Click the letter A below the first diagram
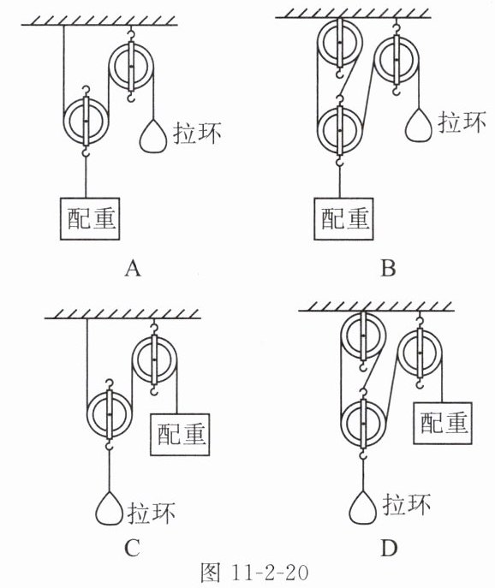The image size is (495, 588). tap(133, 269)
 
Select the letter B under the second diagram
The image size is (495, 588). tap(388, 269)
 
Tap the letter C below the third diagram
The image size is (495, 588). tap(132, 549)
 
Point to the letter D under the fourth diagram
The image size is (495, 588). tap(389, 549)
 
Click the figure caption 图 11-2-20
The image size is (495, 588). tap(255, 573)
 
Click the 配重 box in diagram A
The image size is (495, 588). tap(90, 218)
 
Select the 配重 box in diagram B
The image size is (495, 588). tap(343, 218)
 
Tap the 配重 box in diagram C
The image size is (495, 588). tap(180, 435)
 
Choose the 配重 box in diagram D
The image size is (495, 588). tap(443, 423)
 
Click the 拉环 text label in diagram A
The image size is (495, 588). tap(197, 133)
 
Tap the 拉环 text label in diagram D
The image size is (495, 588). tap(407, 504)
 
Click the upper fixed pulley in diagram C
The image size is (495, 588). tap(154, 359)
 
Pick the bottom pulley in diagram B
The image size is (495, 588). tap(340, 130)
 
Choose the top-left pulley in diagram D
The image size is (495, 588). tap(362, 336)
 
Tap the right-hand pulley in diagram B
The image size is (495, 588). tap(396, 59)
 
